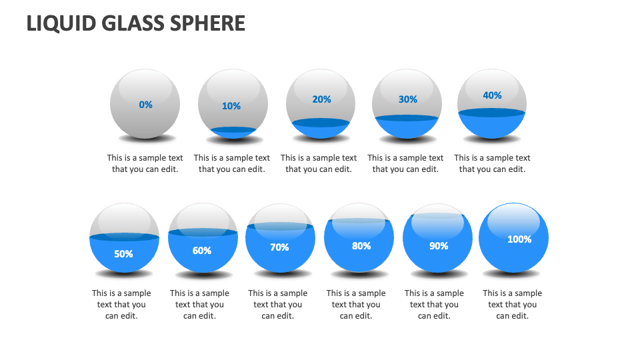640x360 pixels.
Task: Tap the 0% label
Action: tap(145, 105)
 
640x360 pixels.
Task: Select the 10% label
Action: tap(231, 106)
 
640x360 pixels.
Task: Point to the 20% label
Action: tap(321, 99)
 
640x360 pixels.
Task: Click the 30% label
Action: tap(408, 99)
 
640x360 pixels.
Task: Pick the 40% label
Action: tap(492, 95)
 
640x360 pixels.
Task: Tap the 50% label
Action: tap(123, 254)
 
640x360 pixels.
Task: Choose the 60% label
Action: tap(202, 251)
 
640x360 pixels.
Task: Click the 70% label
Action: tap(279, 247)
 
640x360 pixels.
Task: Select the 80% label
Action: tap(361, 246)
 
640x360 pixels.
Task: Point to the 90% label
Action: tap(439, 246)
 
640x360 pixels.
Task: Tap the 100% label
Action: tap(519, 239)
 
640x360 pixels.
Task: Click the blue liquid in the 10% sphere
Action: tap(233, 132)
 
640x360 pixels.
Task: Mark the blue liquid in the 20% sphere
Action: tap(321, 129)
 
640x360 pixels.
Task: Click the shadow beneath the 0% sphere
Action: tap(146, 139)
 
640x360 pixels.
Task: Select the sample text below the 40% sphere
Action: tap(492, 163)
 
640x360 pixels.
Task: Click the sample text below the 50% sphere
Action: tap(121, 304)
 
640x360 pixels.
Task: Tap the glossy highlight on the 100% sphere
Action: tap(514, 220)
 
